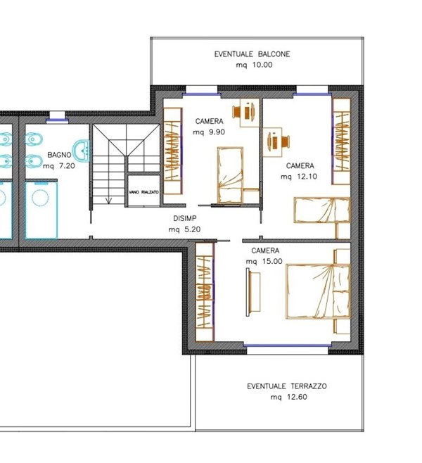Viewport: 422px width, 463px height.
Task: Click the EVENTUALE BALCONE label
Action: (252, 54)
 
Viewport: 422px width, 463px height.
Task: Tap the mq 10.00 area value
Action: (254, 65)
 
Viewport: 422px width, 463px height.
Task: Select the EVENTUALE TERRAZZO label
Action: (287, 386)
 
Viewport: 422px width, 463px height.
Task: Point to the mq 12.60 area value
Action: (289, 397)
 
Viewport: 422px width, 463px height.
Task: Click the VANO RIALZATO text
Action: (143, 192)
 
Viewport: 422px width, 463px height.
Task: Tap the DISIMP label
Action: (185, 219)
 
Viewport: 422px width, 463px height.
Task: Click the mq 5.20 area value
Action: (184, 229)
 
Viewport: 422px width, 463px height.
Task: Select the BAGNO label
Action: (59, 155)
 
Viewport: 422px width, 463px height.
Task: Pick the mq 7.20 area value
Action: (59, 166)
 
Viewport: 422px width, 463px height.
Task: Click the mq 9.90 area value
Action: (209, 132)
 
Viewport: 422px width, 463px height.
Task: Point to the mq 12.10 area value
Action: (299, 177)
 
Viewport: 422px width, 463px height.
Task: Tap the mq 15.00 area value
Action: (264, 261)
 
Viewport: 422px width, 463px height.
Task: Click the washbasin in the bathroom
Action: (81, 151)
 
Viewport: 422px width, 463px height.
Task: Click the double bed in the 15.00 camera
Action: (318, 291)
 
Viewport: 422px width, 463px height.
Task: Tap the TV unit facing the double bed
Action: (253, 292)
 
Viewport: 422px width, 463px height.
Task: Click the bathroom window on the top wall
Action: (57, 120)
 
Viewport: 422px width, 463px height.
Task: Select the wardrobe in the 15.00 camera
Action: (205, 292)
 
